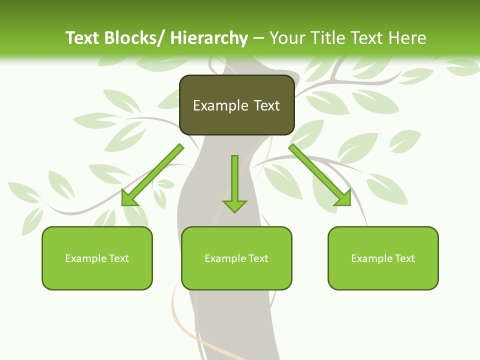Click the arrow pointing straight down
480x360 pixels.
pos(234,182)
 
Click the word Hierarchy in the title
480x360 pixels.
pos(208,38)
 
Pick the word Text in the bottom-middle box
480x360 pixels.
pos(257,258)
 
